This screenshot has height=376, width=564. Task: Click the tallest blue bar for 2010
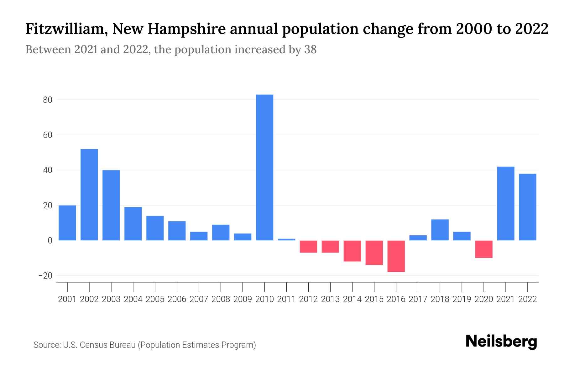point(264,167)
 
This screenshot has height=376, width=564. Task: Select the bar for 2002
point(89,195)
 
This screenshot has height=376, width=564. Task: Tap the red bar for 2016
point(396,256)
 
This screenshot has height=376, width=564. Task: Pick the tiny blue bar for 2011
point(286,239)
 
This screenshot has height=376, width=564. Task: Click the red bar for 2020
point(484,249)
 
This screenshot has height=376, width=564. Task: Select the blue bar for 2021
point(506,203)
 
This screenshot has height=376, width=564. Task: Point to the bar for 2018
point(440,230)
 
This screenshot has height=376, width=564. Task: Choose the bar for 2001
point(67,223)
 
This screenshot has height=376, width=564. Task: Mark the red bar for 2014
point(352,251)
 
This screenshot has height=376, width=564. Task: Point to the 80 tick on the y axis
point(48,100)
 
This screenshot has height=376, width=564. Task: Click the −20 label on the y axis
point(45,276)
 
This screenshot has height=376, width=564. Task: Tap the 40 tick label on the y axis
point(48,170)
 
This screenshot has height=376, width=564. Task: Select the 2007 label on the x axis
point(199,299)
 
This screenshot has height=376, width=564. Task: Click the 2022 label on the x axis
point(528,299)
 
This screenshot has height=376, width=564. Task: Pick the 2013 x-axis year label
point(330,299)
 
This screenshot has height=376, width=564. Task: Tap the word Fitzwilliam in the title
point(66,29)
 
